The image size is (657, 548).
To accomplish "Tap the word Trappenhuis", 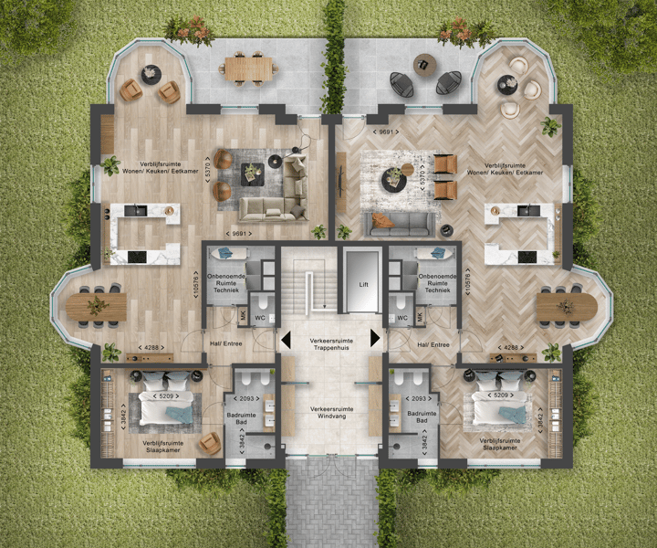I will click(328, 347).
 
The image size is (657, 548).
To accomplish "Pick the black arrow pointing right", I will click(373, 339).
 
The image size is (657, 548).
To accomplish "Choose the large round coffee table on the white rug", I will click(394, 178).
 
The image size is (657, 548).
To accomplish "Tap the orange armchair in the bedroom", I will click(210, 444).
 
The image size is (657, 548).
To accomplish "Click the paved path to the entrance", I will click(331, 502).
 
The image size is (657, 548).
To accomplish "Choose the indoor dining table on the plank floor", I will click(97, 306).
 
